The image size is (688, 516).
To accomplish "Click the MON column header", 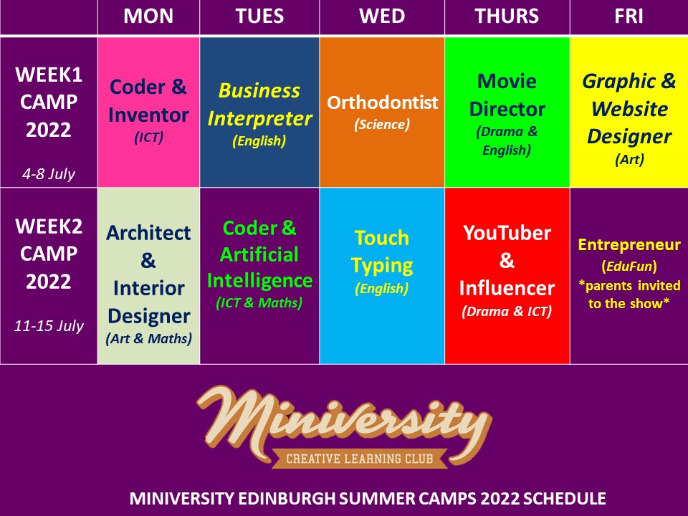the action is [x=148, y=16].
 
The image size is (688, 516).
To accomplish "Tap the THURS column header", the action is [x=507, y=16].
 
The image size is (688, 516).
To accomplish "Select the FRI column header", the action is [x=629, y=16].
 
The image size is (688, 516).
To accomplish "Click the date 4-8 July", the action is [x=49, y=173].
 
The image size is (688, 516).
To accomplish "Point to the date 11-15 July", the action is [x=49, y=325].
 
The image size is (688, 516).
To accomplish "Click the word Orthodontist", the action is [x=382, y=102].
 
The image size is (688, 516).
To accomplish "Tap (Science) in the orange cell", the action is [x=382, y=124].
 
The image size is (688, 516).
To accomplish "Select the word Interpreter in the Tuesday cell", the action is [x=259, y=119].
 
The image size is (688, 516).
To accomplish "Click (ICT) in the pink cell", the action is [x=149, y=138].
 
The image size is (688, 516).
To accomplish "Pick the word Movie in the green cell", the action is [x=507, y=81].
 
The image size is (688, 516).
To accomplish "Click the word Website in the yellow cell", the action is [x=630, y=109].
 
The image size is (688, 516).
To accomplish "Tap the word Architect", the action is [x=148, y=232].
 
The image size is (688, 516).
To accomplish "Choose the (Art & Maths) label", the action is [x=149, y=338].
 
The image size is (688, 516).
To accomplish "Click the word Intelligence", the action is [x=259, y=281].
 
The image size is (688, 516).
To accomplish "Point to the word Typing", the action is [x=382, y=266].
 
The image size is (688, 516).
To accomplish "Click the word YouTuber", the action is [x=507, y=232].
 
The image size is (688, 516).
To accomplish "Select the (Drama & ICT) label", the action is [x=507, y=311].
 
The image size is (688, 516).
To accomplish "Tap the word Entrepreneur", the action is [x=629, y=245].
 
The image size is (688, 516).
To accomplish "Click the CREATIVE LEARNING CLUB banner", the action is [x=360, y=459].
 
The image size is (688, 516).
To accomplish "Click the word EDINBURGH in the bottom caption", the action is [x=287, y=499].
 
